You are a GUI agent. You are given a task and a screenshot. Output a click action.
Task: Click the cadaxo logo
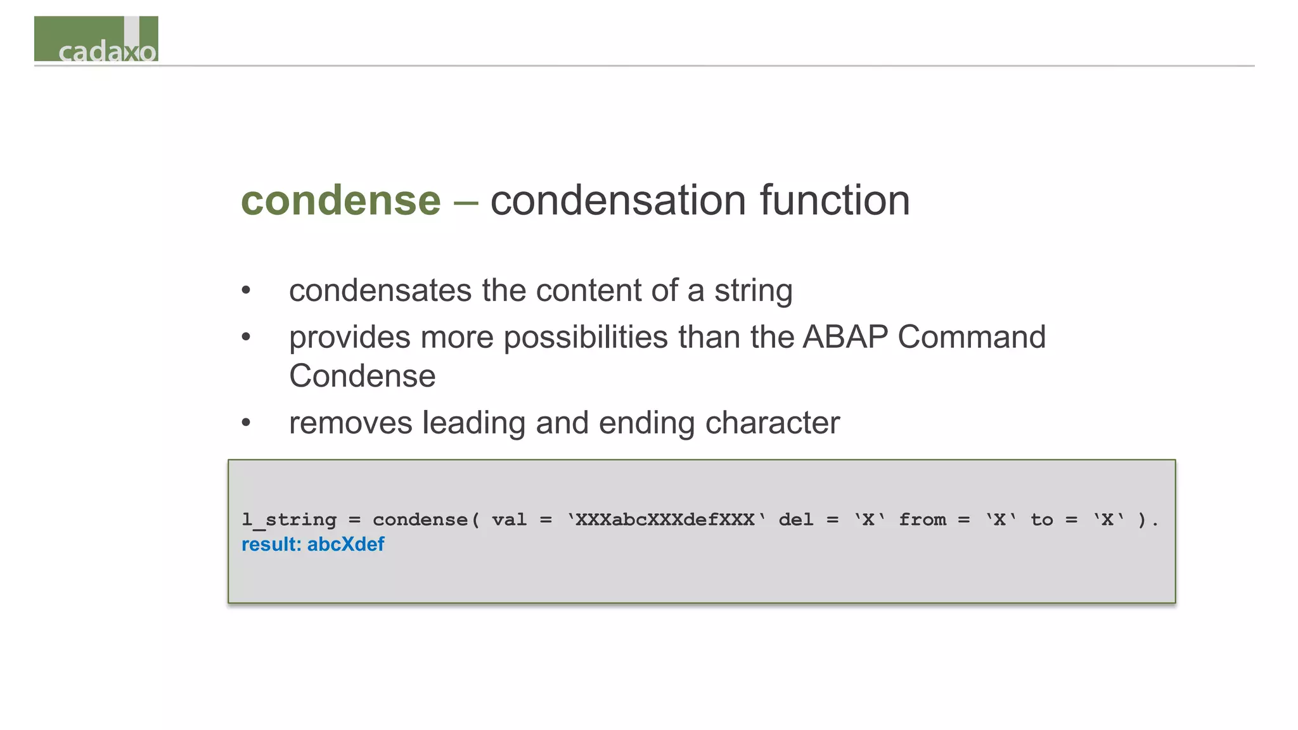tap(96, 39)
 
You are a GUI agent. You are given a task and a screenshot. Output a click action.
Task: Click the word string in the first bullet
tap(753, 291)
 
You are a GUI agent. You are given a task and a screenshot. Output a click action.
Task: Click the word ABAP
tap(845, 336)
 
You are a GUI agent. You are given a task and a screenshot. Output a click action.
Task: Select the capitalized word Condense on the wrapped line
tap(363, 376)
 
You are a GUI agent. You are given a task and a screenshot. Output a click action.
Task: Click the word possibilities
tap(586, 336)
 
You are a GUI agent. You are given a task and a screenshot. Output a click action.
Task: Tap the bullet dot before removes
tap(246, 423)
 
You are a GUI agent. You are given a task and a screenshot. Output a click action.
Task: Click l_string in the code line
tap(289, 520)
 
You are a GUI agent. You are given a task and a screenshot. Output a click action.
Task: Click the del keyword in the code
tap(796, 520)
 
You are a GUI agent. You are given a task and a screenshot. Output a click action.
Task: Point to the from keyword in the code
tap(922, 520)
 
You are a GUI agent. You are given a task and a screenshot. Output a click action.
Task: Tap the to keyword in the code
tap(1041, 520)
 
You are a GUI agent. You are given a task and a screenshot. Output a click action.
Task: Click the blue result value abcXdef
tap(345, 544)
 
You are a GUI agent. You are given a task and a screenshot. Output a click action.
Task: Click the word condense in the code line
tap(420, 520)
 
